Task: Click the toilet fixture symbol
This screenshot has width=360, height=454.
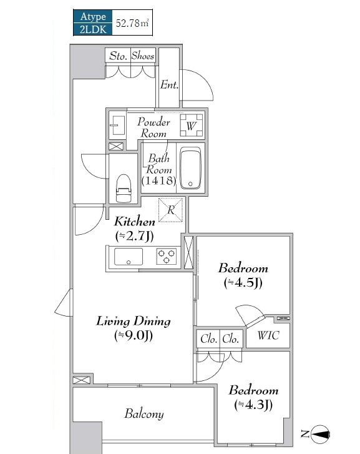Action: point(124,188)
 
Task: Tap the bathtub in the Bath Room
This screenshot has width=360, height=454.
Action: point(190,168)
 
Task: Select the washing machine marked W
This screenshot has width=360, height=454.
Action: point(192,126)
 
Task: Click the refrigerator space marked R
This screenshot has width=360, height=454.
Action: point(171,210)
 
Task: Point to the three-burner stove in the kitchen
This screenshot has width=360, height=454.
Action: point(167,256)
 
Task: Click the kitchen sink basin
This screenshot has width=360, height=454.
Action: point(129,257)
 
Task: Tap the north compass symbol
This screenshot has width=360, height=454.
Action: point(320,434)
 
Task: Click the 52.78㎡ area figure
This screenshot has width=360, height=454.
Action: point(132,23)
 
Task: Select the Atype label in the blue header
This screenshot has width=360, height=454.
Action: point(93,16)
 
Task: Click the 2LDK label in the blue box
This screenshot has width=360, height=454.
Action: point(93,29)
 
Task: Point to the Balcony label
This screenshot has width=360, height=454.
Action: point(144,414)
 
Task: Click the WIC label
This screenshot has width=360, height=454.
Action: point(268,335)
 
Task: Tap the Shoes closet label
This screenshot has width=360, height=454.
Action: point(143,56)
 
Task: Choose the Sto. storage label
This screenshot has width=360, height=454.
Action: point(118,56)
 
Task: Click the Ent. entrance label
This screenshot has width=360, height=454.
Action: point(169,85)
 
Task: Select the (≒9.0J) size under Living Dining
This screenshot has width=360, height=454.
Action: point(134,335)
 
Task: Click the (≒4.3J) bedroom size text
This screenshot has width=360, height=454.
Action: point(253,405)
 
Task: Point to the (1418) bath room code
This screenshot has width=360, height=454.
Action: point(159,180)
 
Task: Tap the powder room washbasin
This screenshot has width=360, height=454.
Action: point(117,126)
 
